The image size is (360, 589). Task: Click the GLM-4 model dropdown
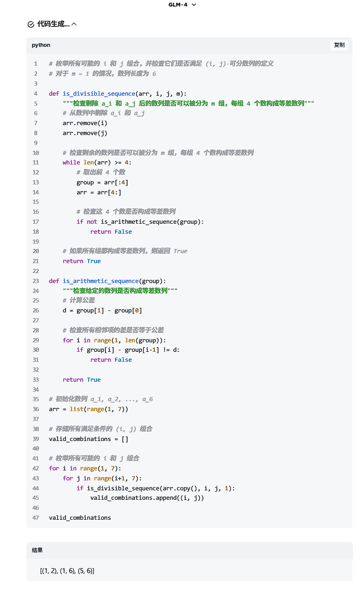(x=182, y=4)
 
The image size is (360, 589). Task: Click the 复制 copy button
(x=339, y=45)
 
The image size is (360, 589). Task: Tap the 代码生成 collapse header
(x=52, y=24)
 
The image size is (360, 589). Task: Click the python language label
(x=41, y=45)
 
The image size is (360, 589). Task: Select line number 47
(x=35, y=518)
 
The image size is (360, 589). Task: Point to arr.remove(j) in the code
(x=85, y=133)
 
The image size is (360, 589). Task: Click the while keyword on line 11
(x=71, y=162)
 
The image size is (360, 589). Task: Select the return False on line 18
(x=111, y=232)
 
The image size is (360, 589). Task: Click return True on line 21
(x=82, y=261)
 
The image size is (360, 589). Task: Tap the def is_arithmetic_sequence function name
(x=101, y=281)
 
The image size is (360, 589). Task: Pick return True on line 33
(x=82, y=380)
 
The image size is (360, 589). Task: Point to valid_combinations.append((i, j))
(x=147, y=498)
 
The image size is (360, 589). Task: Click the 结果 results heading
(x=37, y=550)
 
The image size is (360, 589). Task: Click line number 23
(x=35, y=281)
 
